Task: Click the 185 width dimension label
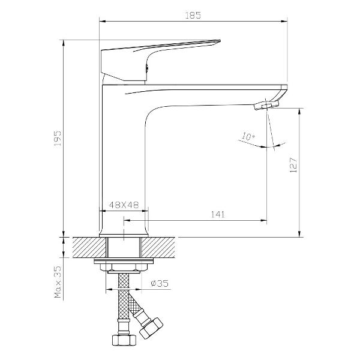click(x=193, y=16)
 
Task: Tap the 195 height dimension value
click(x=58, y=139)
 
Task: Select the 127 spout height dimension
click(x=293, y=165)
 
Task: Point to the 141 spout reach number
click(x=218, y=214)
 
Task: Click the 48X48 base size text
click(x=124, y=205)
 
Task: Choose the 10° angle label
click(x=247, y=137)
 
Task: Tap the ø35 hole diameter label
click(x=160, y=283)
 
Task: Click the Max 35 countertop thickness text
click(x=58, y=282)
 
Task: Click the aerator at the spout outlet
click(x=266, y=106)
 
